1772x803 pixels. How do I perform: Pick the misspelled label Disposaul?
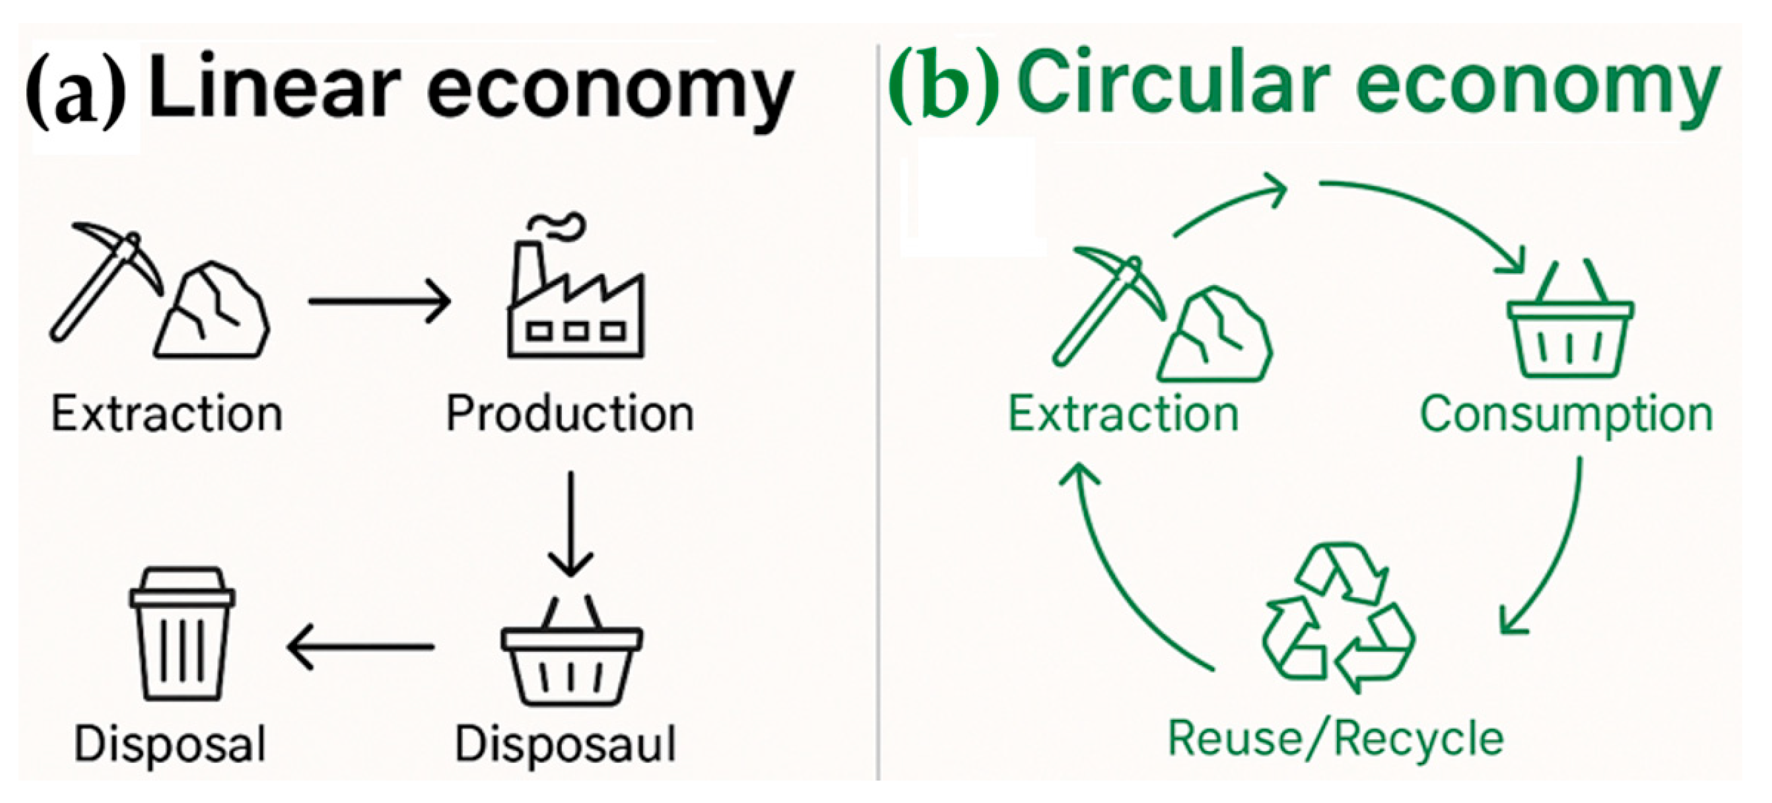point(565,744)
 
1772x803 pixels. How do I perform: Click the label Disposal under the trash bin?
point(170,744)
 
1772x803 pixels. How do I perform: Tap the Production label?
point(570,414)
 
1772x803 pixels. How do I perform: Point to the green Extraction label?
point(1123,414)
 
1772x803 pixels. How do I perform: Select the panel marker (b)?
point(942,86)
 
